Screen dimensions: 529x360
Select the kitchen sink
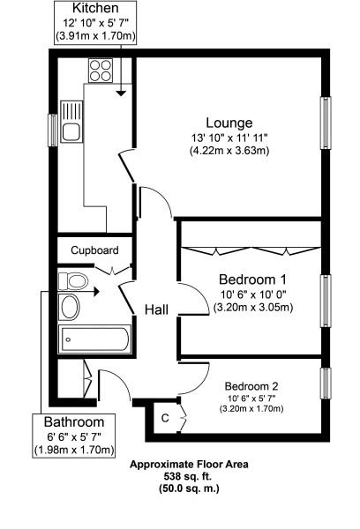click(x=70, y=129)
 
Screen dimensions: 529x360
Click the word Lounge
click(x=229, y=123)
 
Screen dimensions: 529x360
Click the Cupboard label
click(x=94, y=250)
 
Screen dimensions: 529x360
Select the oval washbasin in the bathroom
click(x=69, y=307)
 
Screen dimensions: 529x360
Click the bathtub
click(x=94, y=339)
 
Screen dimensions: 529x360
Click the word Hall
click(x=157, y=309)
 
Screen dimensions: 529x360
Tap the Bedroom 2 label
click(x=251, y=386)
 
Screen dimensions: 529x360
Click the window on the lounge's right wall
click(x=326, y=121)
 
